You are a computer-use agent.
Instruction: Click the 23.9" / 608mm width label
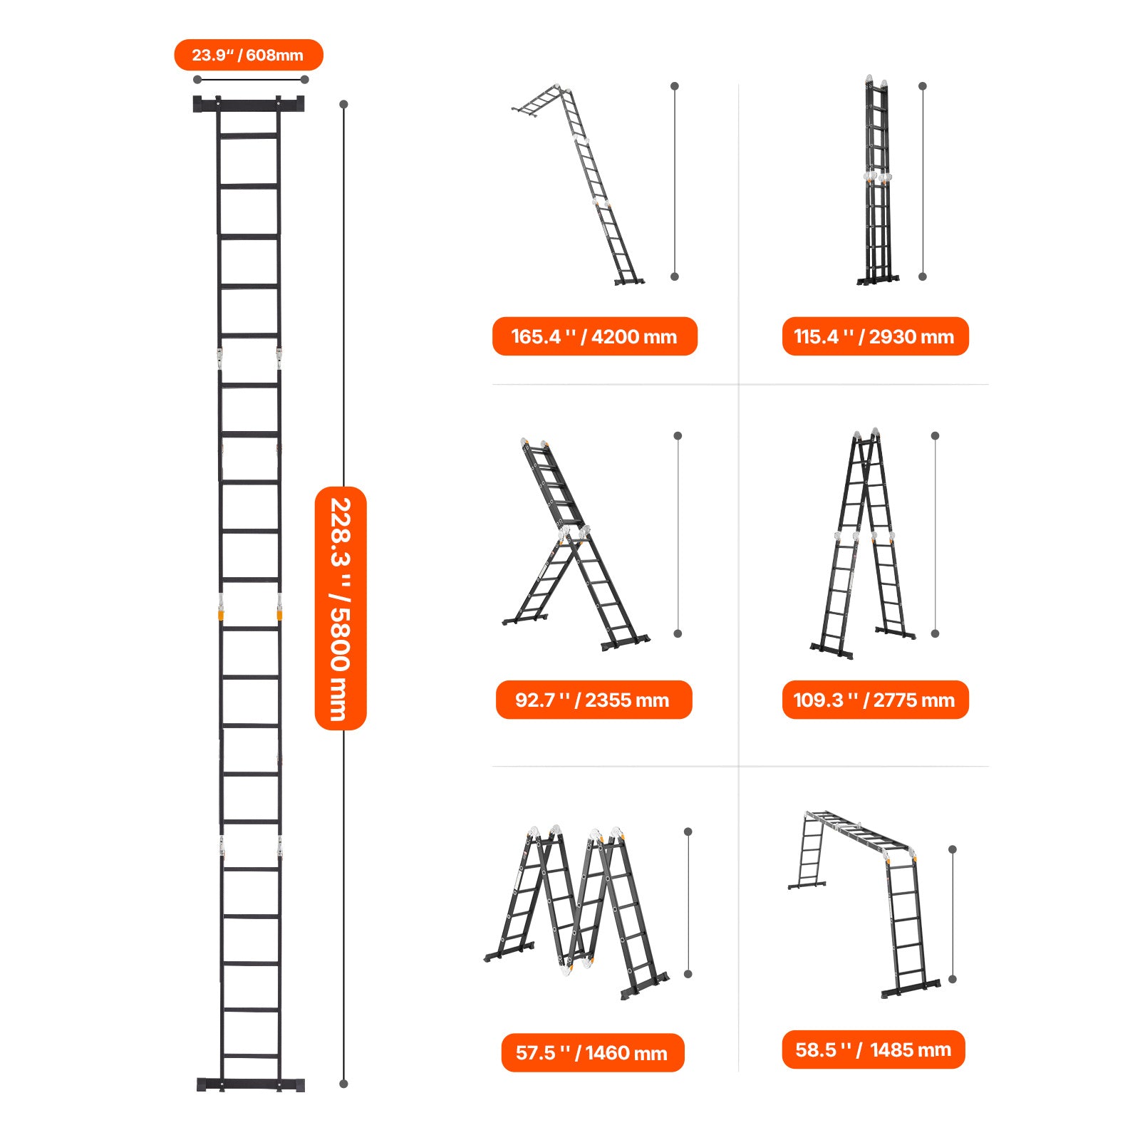(x=248, y=55)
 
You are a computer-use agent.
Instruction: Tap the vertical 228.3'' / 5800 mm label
(x=341, y=608)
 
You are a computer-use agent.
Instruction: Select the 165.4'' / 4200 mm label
(x=594, y=336)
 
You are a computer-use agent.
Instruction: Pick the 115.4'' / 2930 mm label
(x=875, y=336)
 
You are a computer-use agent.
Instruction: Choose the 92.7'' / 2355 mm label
(x=594, y=700)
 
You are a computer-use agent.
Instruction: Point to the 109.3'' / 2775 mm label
(x=875, y=700)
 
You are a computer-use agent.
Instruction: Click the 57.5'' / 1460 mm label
(x=593, y=1052)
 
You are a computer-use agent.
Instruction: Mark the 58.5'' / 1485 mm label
(x=874, y=1050)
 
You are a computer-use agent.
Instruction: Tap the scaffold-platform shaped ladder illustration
(x=864, y=903)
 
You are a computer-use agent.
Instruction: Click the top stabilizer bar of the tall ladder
(x=249, y=104)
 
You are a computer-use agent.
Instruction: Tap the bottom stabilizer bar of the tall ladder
(x=250, y=1084)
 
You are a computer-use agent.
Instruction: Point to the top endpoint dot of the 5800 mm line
(x=343, y=104)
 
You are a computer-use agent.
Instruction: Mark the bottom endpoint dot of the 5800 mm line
(x=343, y=1084)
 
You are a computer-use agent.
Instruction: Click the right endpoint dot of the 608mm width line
(x=305, y=79)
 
